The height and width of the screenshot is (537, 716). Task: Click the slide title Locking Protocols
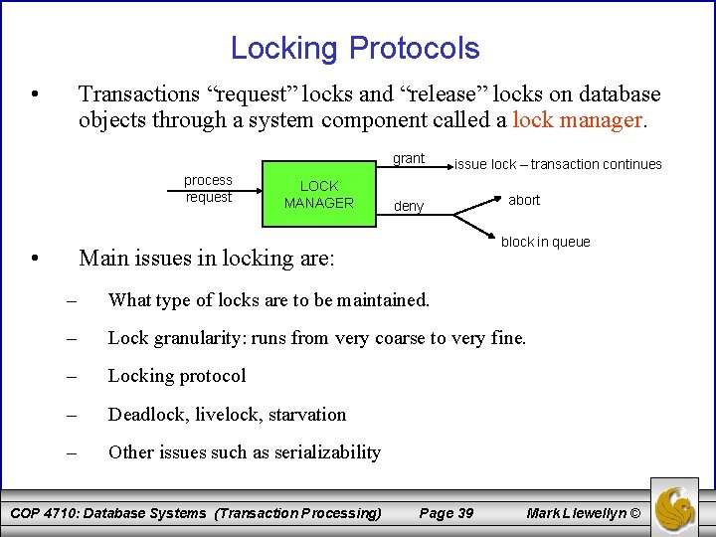355,48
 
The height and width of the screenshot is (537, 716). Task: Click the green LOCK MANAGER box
318,194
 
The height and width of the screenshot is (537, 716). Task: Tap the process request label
208,188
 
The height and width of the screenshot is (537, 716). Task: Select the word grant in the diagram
408,158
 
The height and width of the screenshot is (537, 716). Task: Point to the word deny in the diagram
409,207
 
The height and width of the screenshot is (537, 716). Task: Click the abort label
524,200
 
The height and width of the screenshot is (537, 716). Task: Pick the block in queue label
545,242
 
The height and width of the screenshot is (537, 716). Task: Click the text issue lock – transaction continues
558,164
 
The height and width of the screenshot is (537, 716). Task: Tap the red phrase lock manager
580,121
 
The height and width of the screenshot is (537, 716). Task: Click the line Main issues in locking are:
207,259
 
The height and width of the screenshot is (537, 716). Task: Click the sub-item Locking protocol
177,376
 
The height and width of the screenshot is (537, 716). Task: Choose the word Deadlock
147,415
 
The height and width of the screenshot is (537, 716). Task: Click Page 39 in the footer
447,513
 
